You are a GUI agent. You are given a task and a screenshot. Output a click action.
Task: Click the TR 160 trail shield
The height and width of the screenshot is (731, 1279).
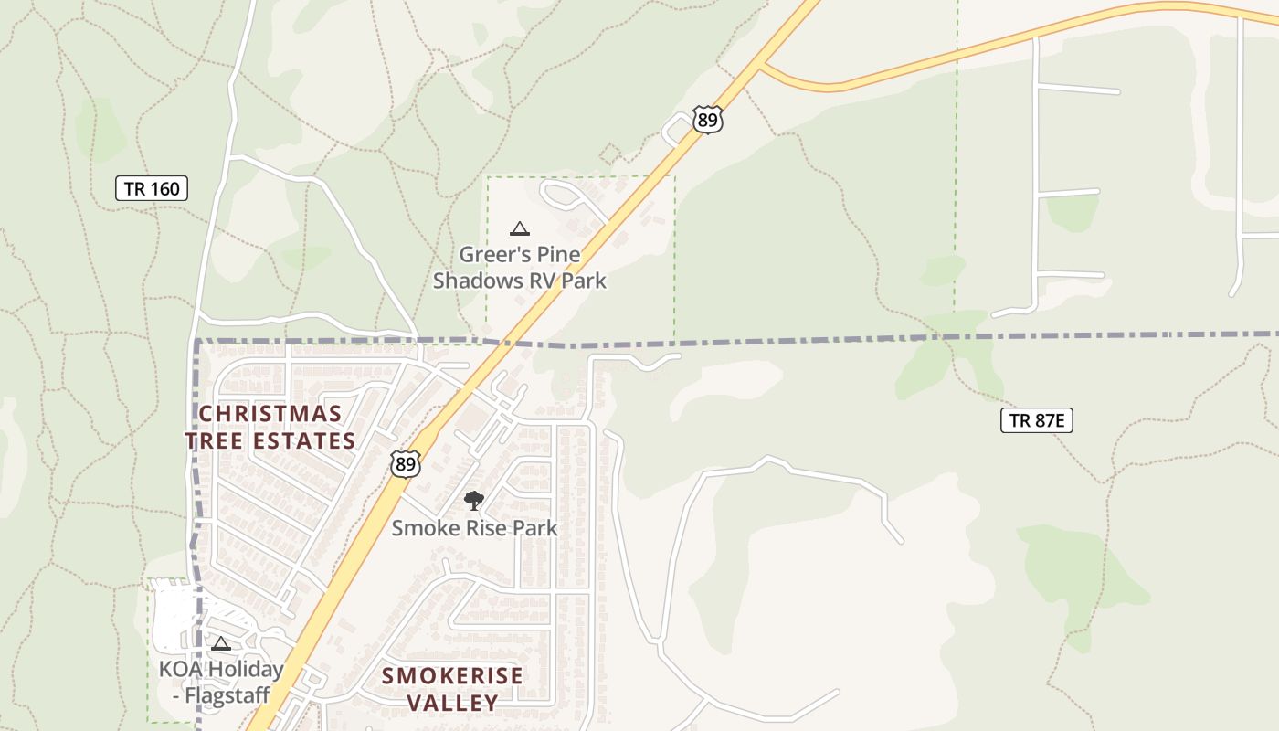152,189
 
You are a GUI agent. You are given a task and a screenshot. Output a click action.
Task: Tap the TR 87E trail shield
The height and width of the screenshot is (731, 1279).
1036,420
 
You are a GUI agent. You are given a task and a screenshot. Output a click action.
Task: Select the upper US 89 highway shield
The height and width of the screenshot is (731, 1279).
707,120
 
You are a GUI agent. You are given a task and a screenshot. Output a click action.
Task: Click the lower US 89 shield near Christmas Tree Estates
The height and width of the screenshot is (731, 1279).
406,463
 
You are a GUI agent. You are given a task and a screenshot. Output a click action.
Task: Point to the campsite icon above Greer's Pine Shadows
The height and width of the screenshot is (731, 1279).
520,228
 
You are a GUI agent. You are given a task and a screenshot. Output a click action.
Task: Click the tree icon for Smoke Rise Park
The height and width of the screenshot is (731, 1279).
473,500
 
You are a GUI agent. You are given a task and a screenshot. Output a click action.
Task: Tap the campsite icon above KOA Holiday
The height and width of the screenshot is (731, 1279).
220,643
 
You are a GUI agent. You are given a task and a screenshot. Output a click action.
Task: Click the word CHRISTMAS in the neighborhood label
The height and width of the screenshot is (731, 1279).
270,414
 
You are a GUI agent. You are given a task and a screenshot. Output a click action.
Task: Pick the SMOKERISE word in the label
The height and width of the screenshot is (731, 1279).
452,676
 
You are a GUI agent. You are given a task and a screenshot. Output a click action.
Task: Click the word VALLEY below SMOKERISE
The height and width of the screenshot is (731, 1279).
452,703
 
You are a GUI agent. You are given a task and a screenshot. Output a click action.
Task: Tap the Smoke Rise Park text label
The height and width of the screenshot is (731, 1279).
474,528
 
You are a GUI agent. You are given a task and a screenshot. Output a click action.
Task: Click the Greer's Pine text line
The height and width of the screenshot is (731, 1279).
519,255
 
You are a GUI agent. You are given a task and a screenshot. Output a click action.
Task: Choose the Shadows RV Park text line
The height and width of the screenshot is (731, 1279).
519,281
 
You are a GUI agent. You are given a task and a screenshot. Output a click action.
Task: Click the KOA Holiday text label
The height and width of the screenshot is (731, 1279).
221,669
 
